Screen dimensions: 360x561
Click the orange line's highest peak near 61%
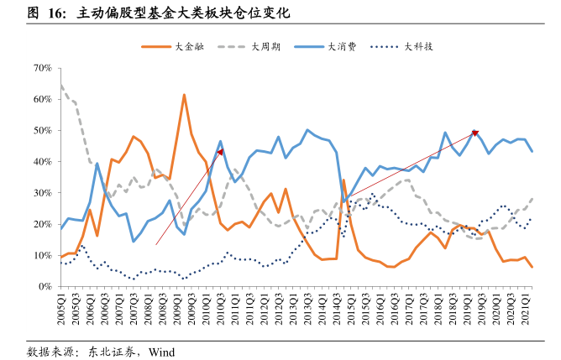point(184,95)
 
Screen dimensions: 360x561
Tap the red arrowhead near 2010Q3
point(220,152)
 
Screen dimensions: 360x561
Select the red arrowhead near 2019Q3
point(475,133)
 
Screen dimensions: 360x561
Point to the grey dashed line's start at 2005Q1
point(60,85)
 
